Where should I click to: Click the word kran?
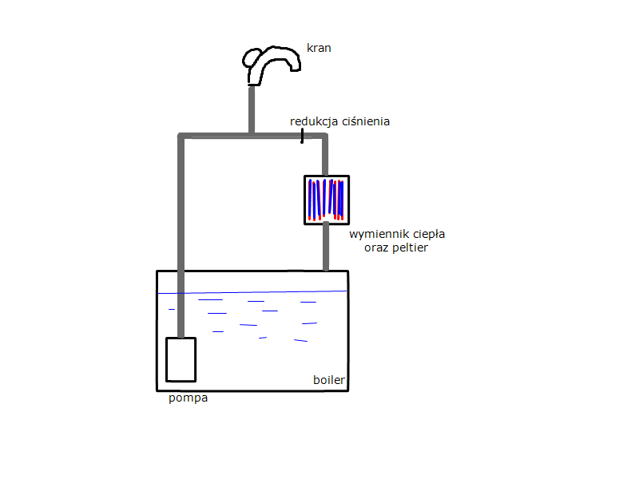coord(319,48)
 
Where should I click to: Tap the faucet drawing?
coord(271,65)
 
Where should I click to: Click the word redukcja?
coord(314,121)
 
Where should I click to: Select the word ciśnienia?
coord(366,121)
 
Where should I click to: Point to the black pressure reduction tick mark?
coord(302,136)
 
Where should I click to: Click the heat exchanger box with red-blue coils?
coord(327,200)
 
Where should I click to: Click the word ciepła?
coord(429,234)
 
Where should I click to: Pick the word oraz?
coord(376,248)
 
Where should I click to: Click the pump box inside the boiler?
coord(181,360)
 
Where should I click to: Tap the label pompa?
coord(189,398)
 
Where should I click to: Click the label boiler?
coord(329,380)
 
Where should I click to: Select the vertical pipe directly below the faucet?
coord(252,109)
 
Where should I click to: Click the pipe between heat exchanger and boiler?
coord(326,247)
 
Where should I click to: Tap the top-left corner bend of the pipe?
coord(181,136)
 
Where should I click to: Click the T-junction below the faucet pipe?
coord(252,135)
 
